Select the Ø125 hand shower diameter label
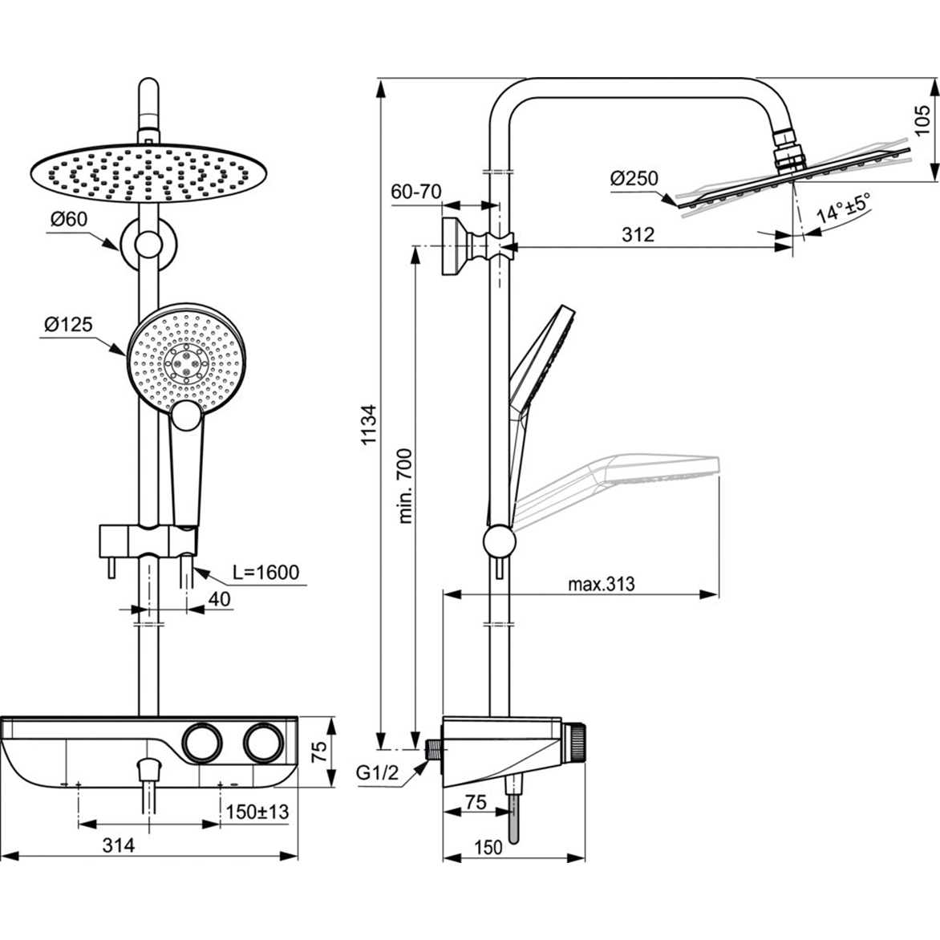[x=69, y=324]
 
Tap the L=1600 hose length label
[x=265, y=572]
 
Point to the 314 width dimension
[x=119, y=845]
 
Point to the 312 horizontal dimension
[x=638, y=234]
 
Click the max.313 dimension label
[x=601, y=584]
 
